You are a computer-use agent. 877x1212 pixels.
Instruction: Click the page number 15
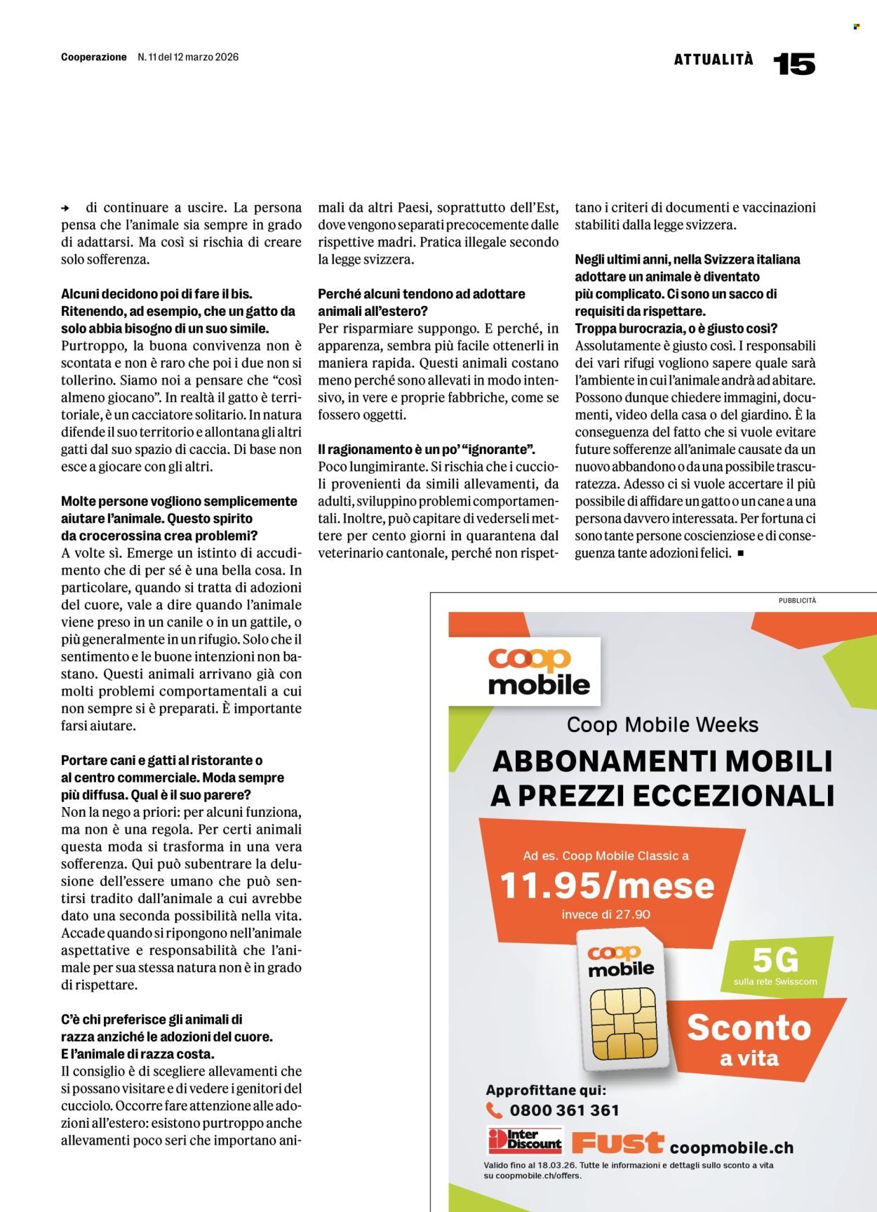coord(794,64)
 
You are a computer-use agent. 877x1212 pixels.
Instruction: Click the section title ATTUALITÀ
coord(714,60)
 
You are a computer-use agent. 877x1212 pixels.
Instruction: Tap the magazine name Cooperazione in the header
coord(93,57)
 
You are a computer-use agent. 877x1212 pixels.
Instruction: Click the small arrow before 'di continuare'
coord(65,208)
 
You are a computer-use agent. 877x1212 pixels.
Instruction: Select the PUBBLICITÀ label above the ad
coord(797,600)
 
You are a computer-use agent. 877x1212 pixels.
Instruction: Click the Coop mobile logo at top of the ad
coord(538,671)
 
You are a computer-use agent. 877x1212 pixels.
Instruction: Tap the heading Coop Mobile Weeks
coord(662,724)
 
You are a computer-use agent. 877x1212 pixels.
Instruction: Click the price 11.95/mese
coord(607,885)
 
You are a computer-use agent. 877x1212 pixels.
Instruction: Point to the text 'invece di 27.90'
coord(605,914)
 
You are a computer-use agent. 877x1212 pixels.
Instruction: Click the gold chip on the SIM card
coord(623,1024)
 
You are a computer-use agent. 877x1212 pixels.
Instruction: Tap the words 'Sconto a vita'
coord(749,1039)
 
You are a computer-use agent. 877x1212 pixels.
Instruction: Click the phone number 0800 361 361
coord(564,1110)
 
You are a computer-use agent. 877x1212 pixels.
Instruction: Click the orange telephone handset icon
coord(494,1110)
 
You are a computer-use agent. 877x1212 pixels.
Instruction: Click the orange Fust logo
coord(617,1143)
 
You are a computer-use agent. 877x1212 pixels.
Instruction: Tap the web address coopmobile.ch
coord(731,1147)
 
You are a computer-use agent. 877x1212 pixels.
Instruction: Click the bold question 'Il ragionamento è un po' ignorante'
coord(427,449)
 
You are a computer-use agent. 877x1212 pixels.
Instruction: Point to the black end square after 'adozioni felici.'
coord(740,554)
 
